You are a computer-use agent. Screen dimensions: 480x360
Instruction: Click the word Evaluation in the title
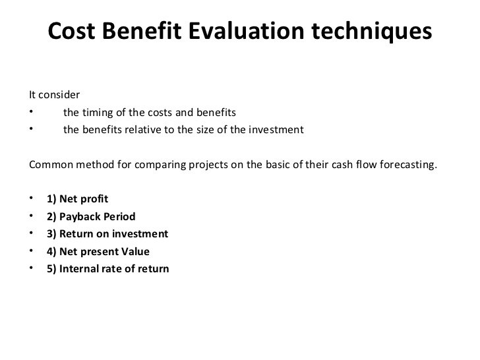click(246, 30)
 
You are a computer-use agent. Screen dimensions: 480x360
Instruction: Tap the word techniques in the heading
click(372, 32)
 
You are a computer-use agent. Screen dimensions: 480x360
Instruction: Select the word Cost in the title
click(72, 30)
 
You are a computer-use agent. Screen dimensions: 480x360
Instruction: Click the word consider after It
click(59, 94)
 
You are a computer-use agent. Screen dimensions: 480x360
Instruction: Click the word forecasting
click(408, 165)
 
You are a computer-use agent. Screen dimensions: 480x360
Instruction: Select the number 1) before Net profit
click(51, 199)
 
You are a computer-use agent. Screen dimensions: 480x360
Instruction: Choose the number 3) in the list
click(51, 234)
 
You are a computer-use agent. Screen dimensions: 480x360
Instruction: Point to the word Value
click(135, 251)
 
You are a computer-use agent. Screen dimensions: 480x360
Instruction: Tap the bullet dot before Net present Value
click(31, 251)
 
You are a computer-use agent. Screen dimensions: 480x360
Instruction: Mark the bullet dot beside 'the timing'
click(31, 111)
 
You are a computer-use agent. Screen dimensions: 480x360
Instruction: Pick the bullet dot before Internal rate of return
click(31, 268)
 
